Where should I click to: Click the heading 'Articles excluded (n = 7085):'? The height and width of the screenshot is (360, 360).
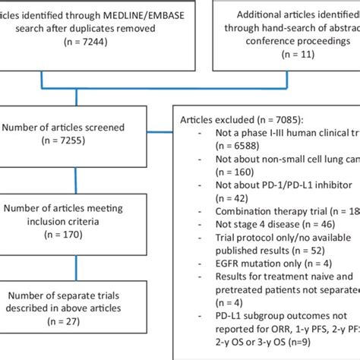(247, 120)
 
